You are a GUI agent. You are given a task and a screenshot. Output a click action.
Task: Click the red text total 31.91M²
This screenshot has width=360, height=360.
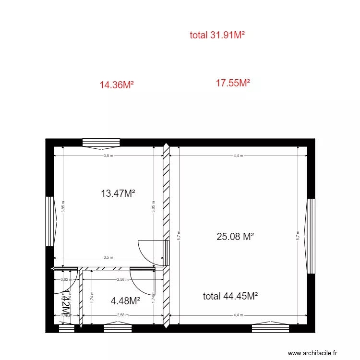pyautogui.click(x=217, y=35)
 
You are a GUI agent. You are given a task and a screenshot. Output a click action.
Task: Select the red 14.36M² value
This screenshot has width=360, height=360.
pyautogui.click(x=116, y=85)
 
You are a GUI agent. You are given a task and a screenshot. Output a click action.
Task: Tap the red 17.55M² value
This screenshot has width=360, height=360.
pyautogui.click(x=233, y=83)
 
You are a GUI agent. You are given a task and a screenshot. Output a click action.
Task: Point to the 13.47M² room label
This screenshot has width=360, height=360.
pyautogui.click(x=118, y=193)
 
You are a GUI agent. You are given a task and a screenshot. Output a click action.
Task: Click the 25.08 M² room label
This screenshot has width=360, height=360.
pyautogui.click(x=235, y=236)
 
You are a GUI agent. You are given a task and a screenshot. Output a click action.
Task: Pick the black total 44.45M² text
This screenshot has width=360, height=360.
pyautogui.click(x=230, y=296)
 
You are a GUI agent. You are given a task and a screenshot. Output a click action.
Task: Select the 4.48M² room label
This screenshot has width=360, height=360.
pyautogui.click(x=125, y=301)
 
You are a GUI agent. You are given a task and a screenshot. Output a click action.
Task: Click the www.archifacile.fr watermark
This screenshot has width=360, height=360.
pyautogui.click(x=316, y=352)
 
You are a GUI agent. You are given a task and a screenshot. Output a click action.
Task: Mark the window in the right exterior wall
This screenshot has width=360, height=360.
pyautogui.click(x=311, y=236)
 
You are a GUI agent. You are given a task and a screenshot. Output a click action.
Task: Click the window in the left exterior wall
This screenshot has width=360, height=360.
pyautogui.click(x=49, y=221)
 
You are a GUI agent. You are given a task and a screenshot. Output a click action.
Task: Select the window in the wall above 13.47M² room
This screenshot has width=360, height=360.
pyautogui.click(x=101, y=142)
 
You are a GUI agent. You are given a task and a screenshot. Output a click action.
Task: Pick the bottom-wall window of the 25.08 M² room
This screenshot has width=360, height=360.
pyautogui.click(x=270, y=328)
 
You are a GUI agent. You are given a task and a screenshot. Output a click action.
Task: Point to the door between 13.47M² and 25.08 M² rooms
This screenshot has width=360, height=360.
pyautogui.click(x=153, y=252)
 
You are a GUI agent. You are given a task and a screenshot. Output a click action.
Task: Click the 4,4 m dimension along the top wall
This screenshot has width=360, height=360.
pyautogui.click(x=238, y=156)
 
